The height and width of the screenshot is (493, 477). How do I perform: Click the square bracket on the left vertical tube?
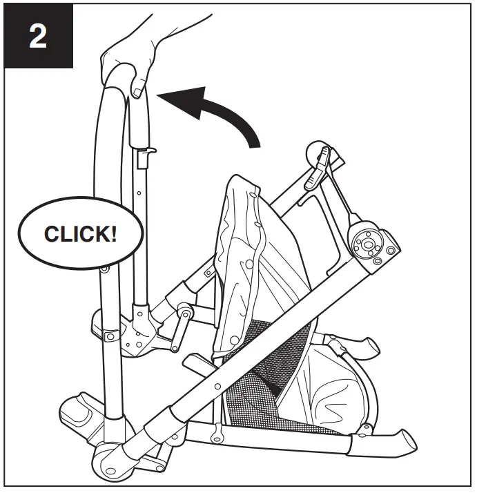point(108,335)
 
